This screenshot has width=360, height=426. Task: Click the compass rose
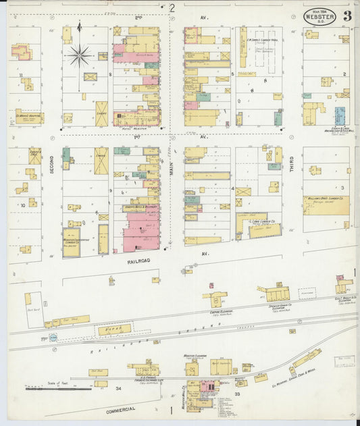tap(80, 55)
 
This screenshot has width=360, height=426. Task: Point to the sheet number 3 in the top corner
tap(346, 15)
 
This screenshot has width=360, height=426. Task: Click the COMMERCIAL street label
tap(120, 408)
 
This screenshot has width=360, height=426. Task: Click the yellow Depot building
tap(114, 329)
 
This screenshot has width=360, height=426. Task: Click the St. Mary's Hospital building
tap(28, 116)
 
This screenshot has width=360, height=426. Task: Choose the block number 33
tap(237, 393)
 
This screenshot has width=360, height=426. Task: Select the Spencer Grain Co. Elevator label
tap(281, 307)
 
